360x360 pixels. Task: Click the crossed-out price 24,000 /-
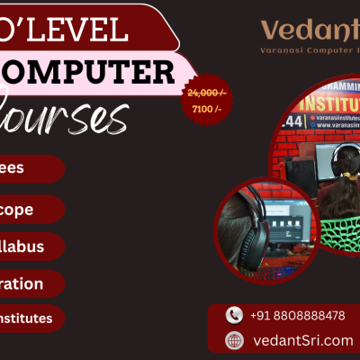pyautogui.click(x=206, y=93)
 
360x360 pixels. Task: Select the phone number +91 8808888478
pyautogui.click(x=298, y=315)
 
